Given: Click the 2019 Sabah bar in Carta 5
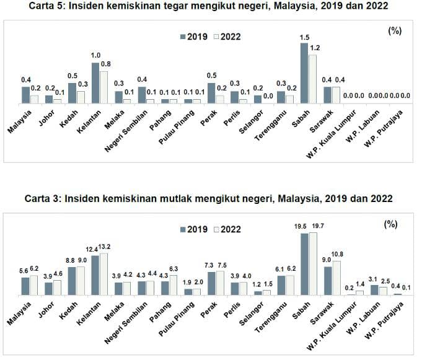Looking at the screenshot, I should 304,72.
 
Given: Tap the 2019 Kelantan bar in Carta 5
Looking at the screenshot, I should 95,82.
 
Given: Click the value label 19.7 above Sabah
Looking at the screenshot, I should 314,227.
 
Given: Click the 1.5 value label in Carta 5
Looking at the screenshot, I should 304,38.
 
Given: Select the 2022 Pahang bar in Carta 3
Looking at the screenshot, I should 174,284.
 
